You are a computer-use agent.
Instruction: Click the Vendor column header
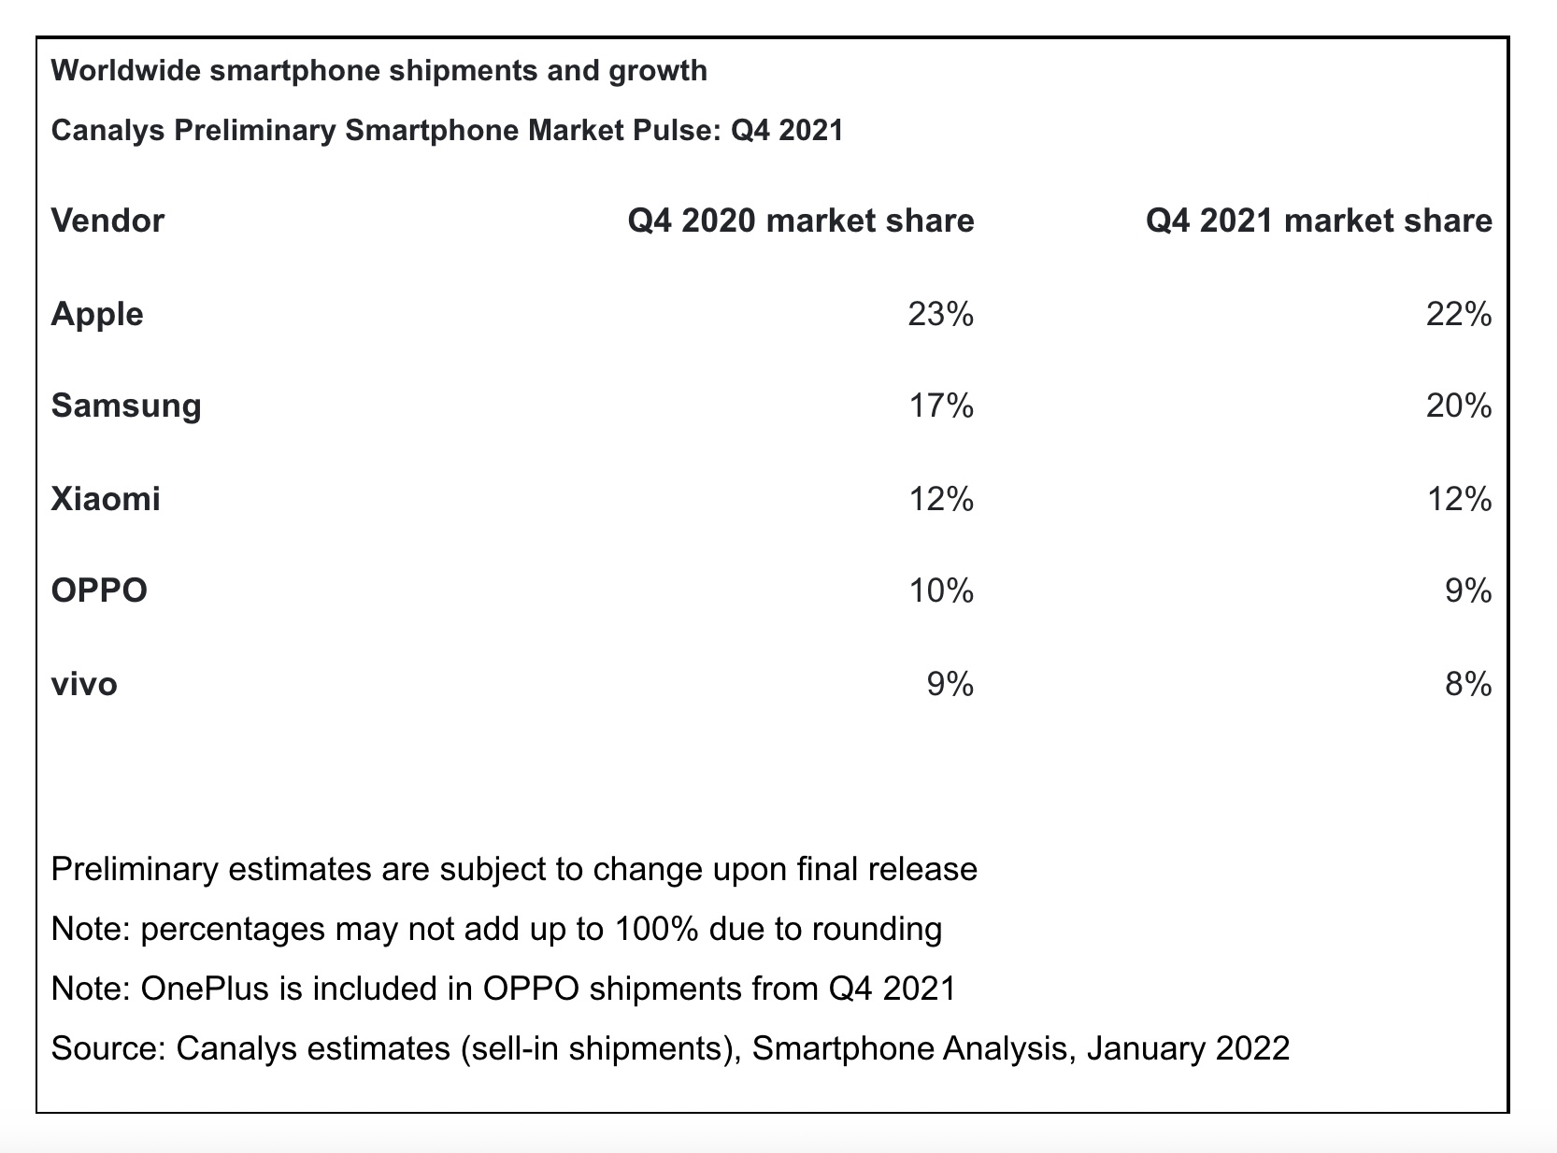(x=107, y=221)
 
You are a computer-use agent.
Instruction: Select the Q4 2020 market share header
(x=800, y=221)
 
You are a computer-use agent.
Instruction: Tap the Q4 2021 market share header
(x=1319, y=221)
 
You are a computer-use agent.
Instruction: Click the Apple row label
(x=97, y=314)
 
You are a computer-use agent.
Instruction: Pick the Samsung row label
(x=126, y=406)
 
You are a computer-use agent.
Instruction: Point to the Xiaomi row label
(x=106, y=499)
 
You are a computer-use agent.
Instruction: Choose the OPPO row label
(x=99, y=591)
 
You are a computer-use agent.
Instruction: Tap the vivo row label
(x=84, y=685)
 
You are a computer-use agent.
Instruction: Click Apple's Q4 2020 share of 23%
(x=940, y=315)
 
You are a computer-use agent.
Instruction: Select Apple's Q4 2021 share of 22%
(x=1458, y=315)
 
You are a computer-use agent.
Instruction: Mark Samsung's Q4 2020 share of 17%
(x=940, y=406)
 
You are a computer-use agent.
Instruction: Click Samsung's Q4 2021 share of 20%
(x=1458, y=406)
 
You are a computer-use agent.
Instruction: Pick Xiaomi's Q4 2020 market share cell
(x=940, y=500)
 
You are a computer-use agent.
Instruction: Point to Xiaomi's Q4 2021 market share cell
(x=1458, y=500)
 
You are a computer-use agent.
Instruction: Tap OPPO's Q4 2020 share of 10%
(x=940, y=591)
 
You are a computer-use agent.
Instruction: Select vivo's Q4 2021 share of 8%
(x=1468, y=685)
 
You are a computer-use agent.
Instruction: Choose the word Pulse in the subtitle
(x=670, y=130)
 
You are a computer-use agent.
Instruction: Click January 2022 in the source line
(x=1188, y=1048)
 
